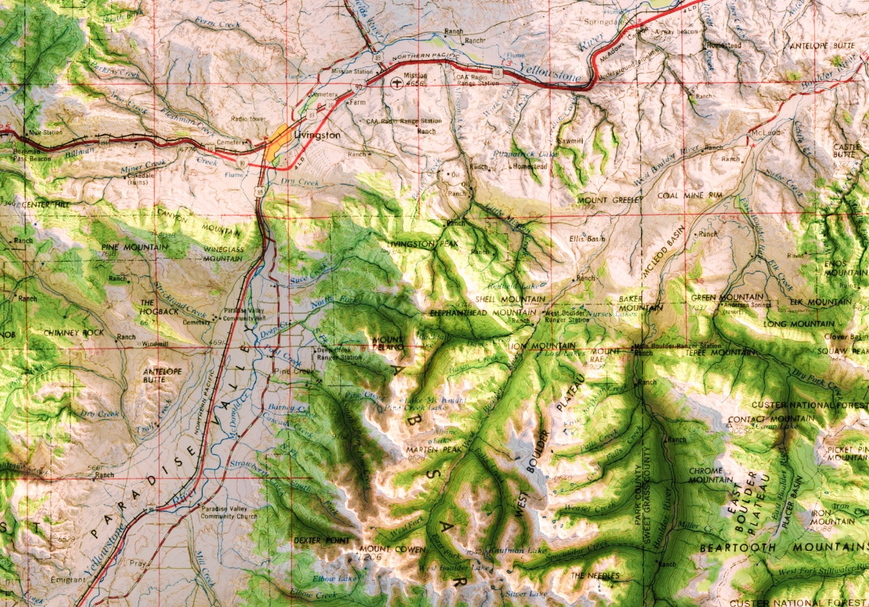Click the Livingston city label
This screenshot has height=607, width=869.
317,135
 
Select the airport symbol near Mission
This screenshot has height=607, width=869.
396,83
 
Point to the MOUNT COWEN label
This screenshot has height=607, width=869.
392,549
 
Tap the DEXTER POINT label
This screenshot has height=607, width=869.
322,541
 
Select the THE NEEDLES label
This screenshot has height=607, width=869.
595,576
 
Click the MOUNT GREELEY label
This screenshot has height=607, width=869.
609,200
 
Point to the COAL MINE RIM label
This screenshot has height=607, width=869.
690,195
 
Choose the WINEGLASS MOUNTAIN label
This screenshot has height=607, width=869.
223,254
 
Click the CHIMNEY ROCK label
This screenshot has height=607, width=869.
74,333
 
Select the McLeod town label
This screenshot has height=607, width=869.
765,133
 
